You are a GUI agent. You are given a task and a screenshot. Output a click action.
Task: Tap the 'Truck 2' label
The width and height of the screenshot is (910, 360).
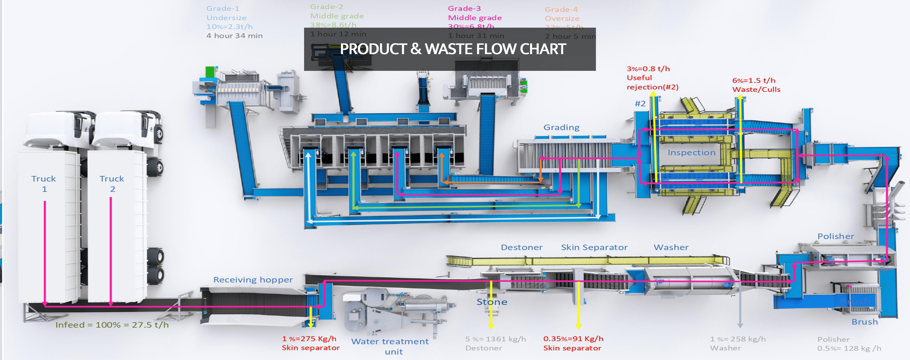(x=112, y=183)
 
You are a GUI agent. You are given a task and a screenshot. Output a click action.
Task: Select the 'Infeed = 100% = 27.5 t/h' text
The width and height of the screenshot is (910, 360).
(x=112, y=325)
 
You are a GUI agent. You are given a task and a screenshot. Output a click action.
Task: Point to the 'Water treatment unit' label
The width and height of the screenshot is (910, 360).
(x=390, y=346)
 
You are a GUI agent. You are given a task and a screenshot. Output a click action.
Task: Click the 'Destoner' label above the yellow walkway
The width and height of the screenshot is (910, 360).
(x=521, y=247)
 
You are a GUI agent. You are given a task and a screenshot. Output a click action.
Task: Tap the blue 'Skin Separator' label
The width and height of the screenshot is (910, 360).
(x=594, y=247)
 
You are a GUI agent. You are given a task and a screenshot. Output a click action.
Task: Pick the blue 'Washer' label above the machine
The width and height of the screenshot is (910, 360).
(x=671, y=247)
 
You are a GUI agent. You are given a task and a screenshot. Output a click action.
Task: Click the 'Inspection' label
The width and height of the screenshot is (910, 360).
(x=691, y=153)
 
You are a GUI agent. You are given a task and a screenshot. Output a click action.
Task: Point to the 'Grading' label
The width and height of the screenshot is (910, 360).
(x=561, y=127)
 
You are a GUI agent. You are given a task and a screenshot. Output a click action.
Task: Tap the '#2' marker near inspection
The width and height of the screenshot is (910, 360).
(x=640, y=103)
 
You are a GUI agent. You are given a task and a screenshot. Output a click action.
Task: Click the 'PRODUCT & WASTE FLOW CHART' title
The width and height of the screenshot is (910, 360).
(x=453, y=49)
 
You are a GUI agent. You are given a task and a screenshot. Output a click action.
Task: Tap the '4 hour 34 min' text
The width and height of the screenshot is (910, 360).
(x=234, y=36)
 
